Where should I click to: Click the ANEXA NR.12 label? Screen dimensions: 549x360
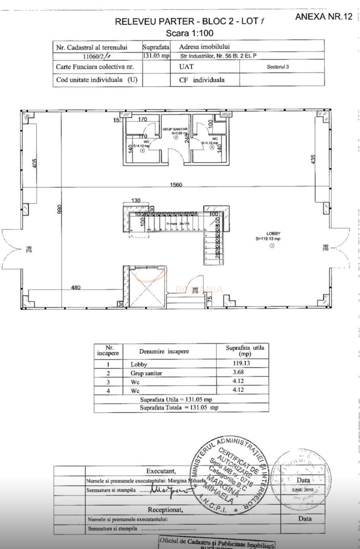[324, 17]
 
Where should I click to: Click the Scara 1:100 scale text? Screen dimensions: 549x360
[189, 33]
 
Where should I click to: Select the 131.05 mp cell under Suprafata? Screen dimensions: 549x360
[156, 56]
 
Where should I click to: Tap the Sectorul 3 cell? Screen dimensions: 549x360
[278, 67]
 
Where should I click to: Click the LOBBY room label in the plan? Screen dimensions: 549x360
[273, 234]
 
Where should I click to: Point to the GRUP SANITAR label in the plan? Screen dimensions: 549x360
[175, 129]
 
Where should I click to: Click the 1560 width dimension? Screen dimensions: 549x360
[176, 185]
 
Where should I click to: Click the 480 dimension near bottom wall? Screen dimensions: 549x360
[76, 288]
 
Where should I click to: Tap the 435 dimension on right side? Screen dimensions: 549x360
[313, 160]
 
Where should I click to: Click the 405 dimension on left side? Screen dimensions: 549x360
[35, 163]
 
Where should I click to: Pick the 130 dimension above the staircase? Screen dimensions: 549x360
[136, 200]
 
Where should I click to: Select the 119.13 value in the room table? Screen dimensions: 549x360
[241, 363]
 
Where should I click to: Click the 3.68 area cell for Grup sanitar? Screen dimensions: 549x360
[238, 372]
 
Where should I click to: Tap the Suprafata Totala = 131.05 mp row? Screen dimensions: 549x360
[179, 408]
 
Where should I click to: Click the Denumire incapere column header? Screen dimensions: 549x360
[164, 351]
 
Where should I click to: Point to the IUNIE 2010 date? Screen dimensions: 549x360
[302, 490]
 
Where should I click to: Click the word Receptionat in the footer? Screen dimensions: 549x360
[165, 510]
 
